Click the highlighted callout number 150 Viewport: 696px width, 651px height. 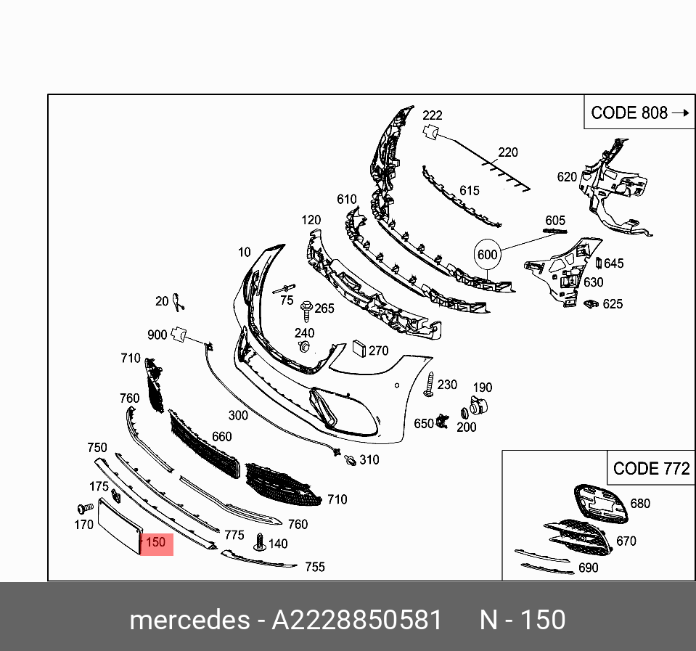click(156, 542)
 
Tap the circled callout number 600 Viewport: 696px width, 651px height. click(488, 255)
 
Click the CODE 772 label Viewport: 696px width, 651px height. click(652, 469)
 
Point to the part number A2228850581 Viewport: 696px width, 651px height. click(357, 620)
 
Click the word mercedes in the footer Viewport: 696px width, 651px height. click(189, 620)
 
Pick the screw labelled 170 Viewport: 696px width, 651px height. click(85, 508)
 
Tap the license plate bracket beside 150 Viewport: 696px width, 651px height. click(120, 526)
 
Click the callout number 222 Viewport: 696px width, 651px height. click(433, 115)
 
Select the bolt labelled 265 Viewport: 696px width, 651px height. click(307, 311)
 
